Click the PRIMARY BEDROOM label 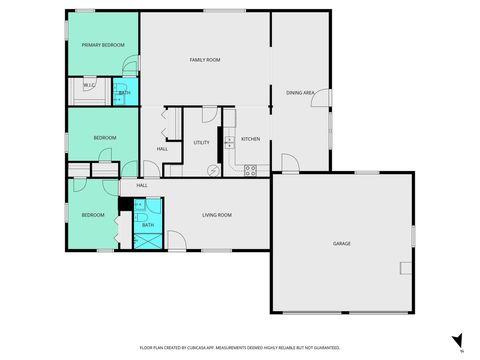point(103,45)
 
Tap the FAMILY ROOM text point(205,60)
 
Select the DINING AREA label point(301,93)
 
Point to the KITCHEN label point(250,139)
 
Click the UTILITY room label point(201,143)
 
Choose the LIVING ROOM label point(217,215)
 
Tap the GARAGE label point(342,243)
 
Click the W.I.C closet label point(88,86)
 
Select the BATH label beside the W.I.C point(124,93)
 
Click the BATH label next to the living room point(147,226)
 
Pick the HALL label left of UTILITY point(162,149)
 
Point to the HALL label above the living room point(142,185)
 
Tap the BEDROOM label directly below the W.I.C point(105,137)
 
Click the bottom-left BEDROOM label point(93,215)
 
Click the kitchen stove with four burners point(250,170)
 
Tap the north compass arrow point(458,340)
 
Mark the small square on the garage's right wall point(405,267)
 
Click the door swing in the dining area point(288,163)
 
